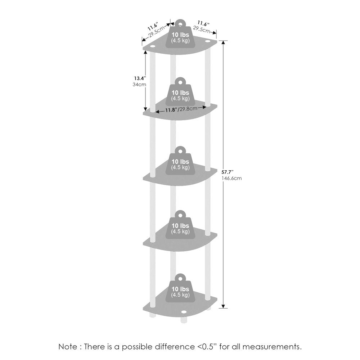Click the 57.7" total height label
pos(228,172)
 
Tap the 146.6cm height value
pos(231,179)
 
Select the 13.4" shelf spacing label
pos(140,78)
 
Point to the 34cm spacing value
pos(139,85)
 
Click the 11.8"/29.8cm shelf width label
pos(181,109)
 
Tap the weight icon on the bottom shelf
pos(180,288)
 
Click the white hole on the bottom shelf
pos(184,312)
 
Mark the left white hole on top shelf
pos(152,47)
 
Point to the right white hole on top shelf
pos(208,41)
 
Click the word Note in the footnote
pos(68,346)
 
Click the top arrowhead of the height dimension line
pos(223,43)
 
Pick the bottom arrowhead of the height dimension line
pos(223,306)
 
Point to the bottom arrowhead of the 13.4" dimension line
pos(145,109)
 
